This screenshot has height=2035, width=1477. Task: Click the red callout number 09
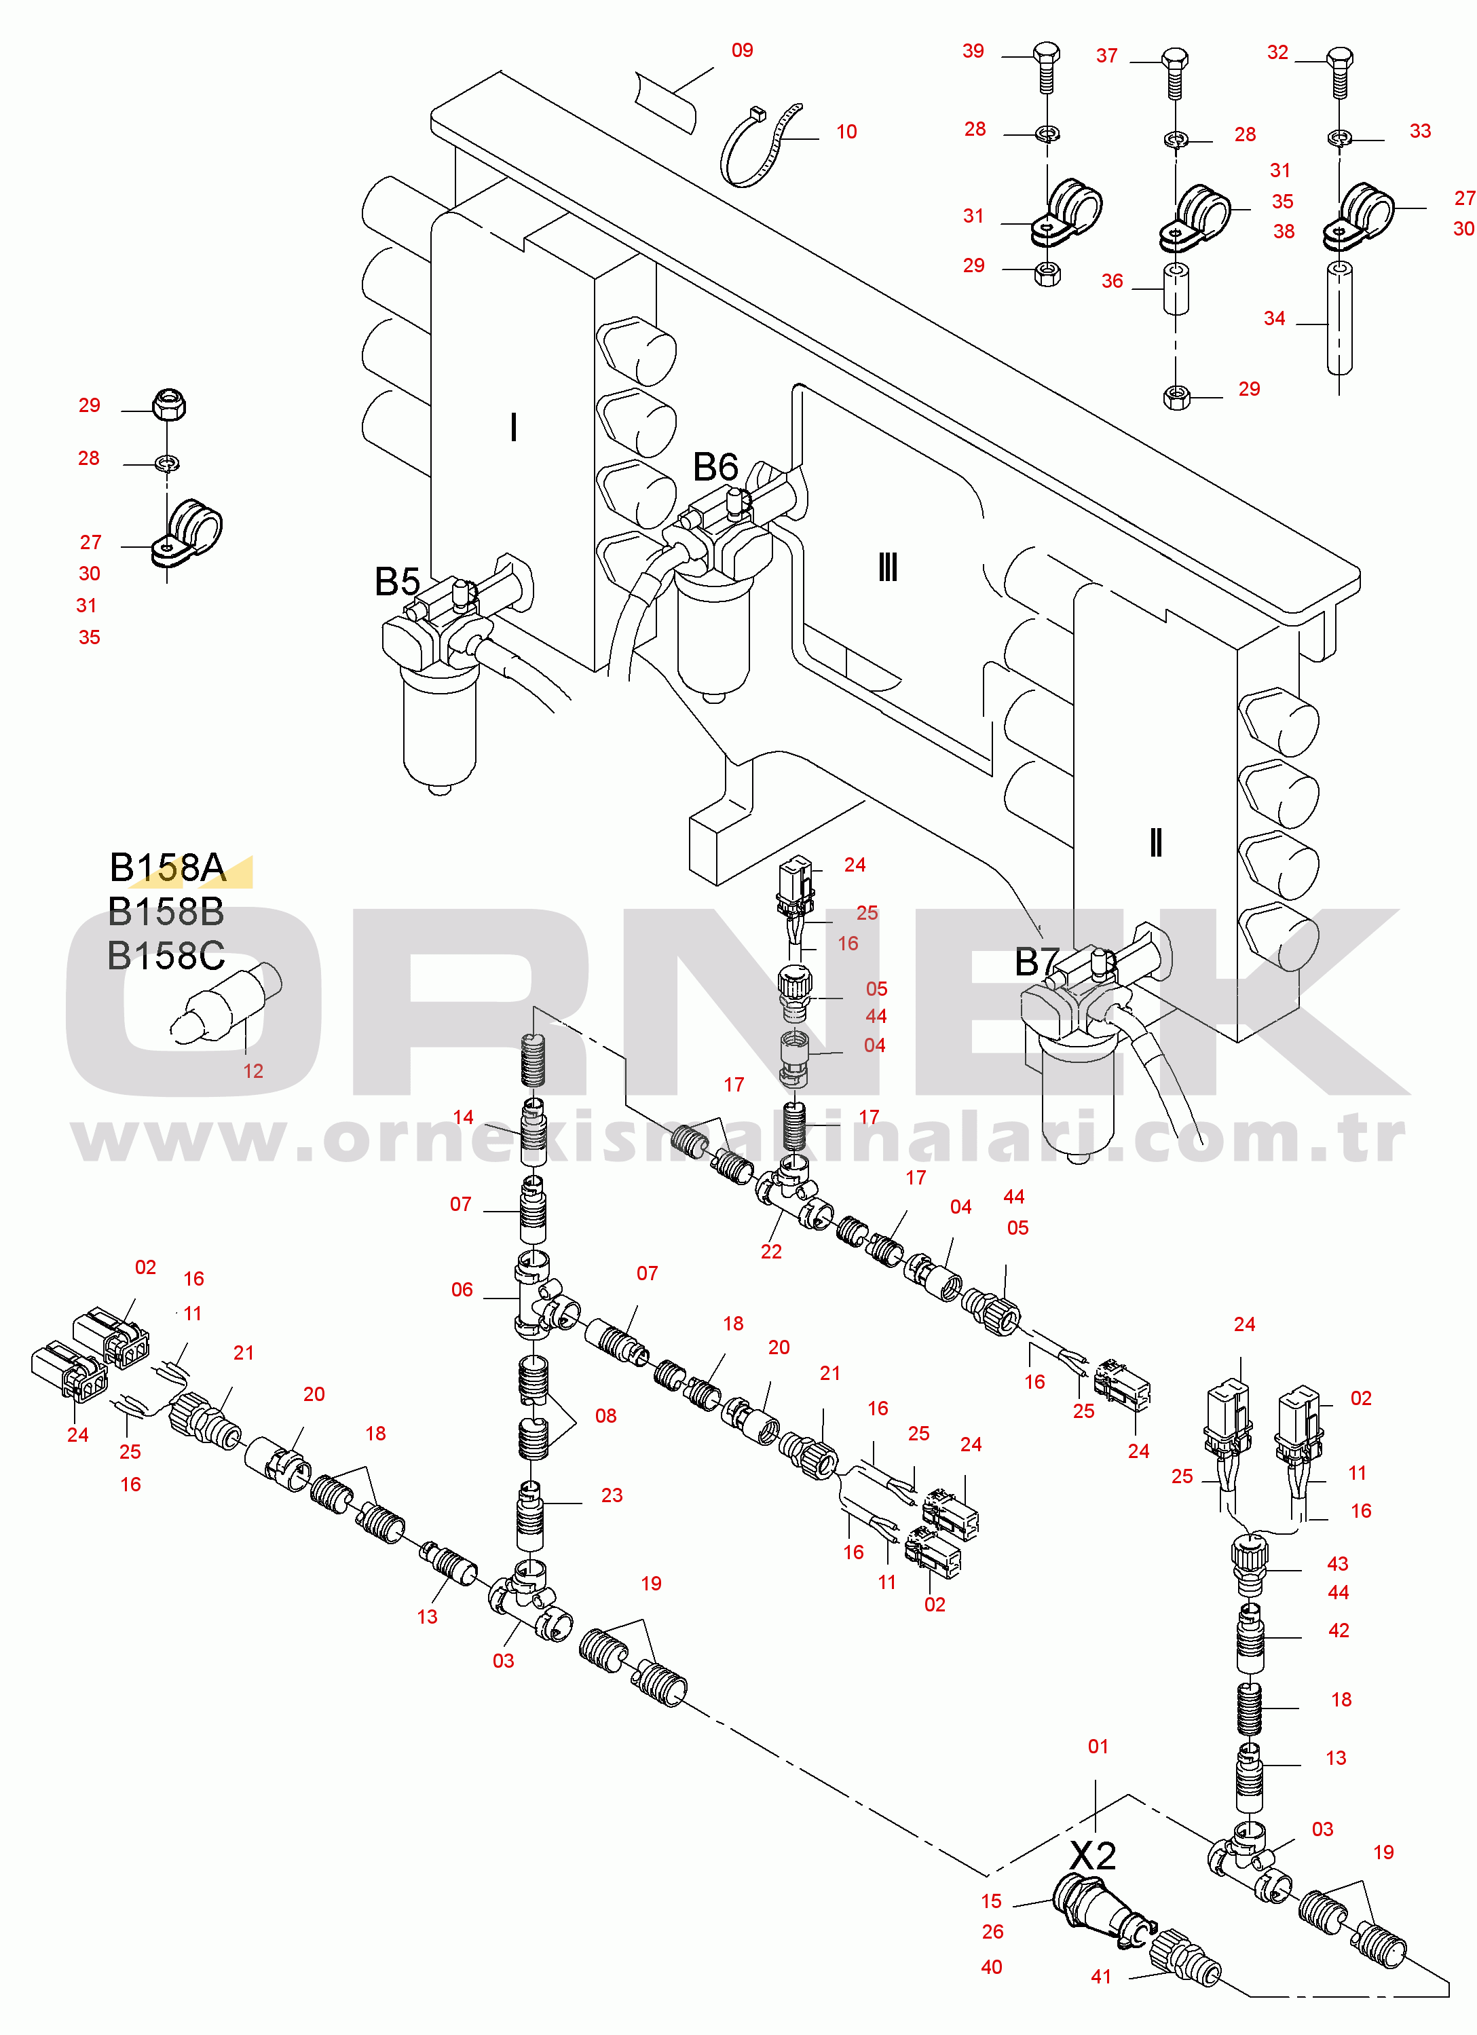(742, 50)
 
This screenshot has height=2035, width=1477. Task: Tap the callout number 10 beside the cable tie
(846, 132)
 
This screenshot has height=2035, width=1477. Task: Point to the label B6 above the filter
(715, 466)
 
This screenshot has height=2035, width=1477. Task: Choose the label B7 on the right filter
(1037, 962)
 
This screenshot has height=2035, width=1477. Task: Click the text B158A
(167, 867)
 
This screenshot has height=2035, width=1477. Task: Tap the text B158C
(166, 956)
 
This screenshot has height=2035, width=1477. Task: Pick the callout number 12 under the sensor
(253, 1071)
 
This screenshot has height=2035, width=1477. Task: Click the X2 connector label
(1093, 1854)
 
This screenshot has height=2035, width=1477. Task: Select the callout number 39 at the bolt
(973, 51)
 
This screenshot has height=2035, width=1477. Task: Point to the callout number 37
(1106, 56)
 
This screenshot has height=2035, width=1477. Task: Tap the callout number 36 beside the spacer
(1112, 281)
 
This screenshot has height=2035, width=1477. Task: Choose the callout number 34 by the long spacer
(1274, 318)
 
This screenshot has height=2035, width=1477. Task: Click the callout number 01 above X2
(1098, 1746)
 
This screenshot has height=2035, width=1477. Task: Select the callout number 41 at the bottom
(1101, 1977)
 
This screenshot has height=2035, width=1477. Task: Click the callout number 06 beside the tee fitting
(462, 1290)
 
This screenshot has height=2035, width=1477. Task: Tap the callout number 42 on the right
(1338, 1630)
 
